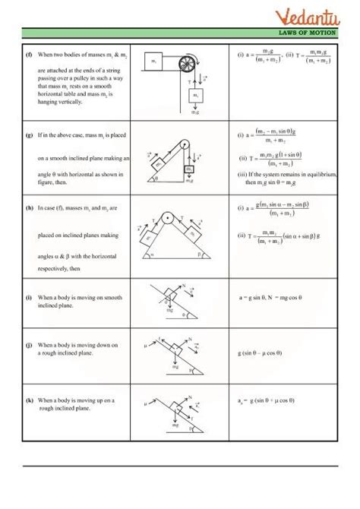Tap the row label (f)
pos(29,55)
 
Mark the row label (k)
pos(29,400)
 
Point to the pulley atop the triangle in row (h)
pos(175,217)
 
